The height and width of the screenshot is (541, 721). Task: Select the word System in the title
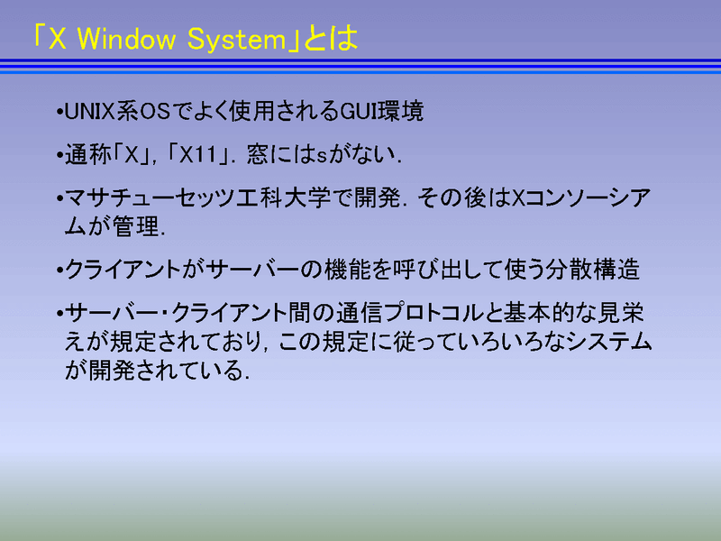(237, 40)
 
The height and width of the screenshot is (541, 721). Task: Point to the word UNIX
(89, 111)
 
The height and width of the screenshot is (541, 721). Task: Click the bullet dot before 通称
(59, 156)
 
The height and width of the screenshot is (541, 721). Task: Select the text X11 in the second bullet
(198, 155)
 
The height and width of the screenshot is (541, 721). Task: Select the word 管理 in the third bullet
(136, 226)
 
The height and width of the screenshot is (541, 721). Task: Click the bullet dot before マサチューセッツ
(59, 198)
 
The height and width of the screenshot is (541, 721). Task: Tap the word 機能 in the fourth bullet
(347, 269)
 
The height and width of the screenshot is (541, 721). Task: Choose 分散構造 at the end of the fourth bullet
(592, 269)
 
